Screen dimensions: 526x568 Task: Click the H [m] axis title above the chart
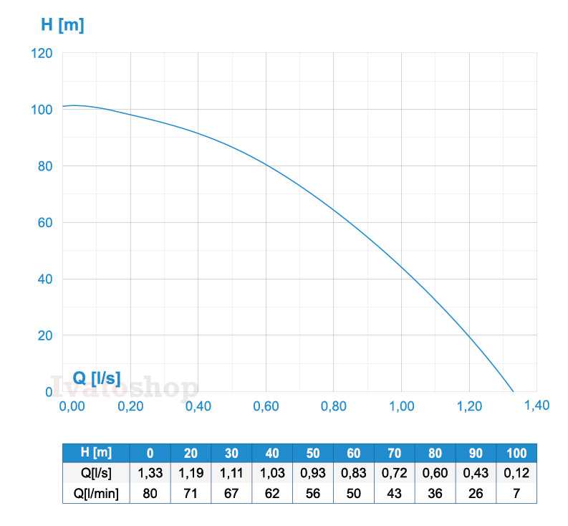62,25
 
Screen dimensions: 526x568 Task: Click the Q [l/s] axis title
97,378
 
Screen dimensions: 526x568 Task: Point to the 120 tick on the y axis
42,53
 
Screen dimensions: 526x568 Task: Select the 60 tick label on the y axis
44,222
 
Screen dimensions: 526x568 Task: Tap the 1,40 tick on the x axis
536,406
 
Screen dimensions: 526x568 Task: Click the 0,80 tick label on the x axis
334,406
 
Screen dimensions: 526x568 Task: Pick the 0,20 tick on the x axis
130,406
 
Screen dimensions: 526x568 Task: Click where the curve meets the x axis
514,391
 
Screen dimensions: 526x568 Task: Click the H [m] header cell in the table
97,453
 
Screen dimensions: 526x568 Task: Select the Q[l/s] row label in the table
97,473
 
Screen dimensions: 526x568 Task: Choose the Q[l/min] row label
97,493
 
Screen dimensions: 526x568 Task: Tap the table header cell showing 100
516,453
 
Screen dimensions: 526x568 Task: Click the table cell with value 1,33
150,473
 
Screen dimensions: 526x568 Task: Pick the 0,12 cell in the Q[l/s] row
516,473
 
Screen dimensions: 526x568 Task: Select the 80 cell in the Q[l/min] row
150,493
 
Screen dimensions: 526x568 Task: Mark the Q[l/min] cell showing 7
516,493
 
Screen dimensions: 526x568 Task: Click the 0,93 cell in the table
313,473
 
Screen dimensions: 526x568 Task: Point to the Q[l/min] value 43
394,493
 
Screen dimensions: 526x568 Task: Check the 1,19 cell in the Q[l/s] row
191,473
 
